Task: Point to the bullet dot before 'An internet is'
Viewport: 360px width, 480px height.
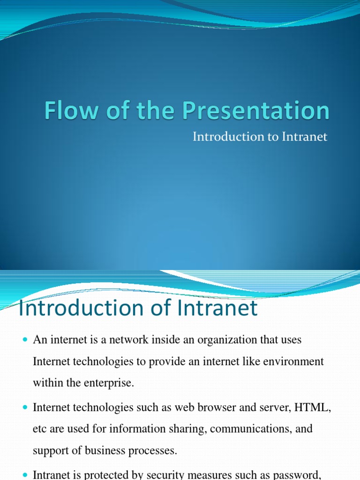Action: [25, 340]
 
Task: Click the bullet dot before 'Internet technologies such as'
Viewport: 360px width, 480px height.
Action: [25, 408]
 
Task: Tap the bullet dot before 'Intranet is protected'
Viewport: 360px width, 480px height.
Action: [25, 474]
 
